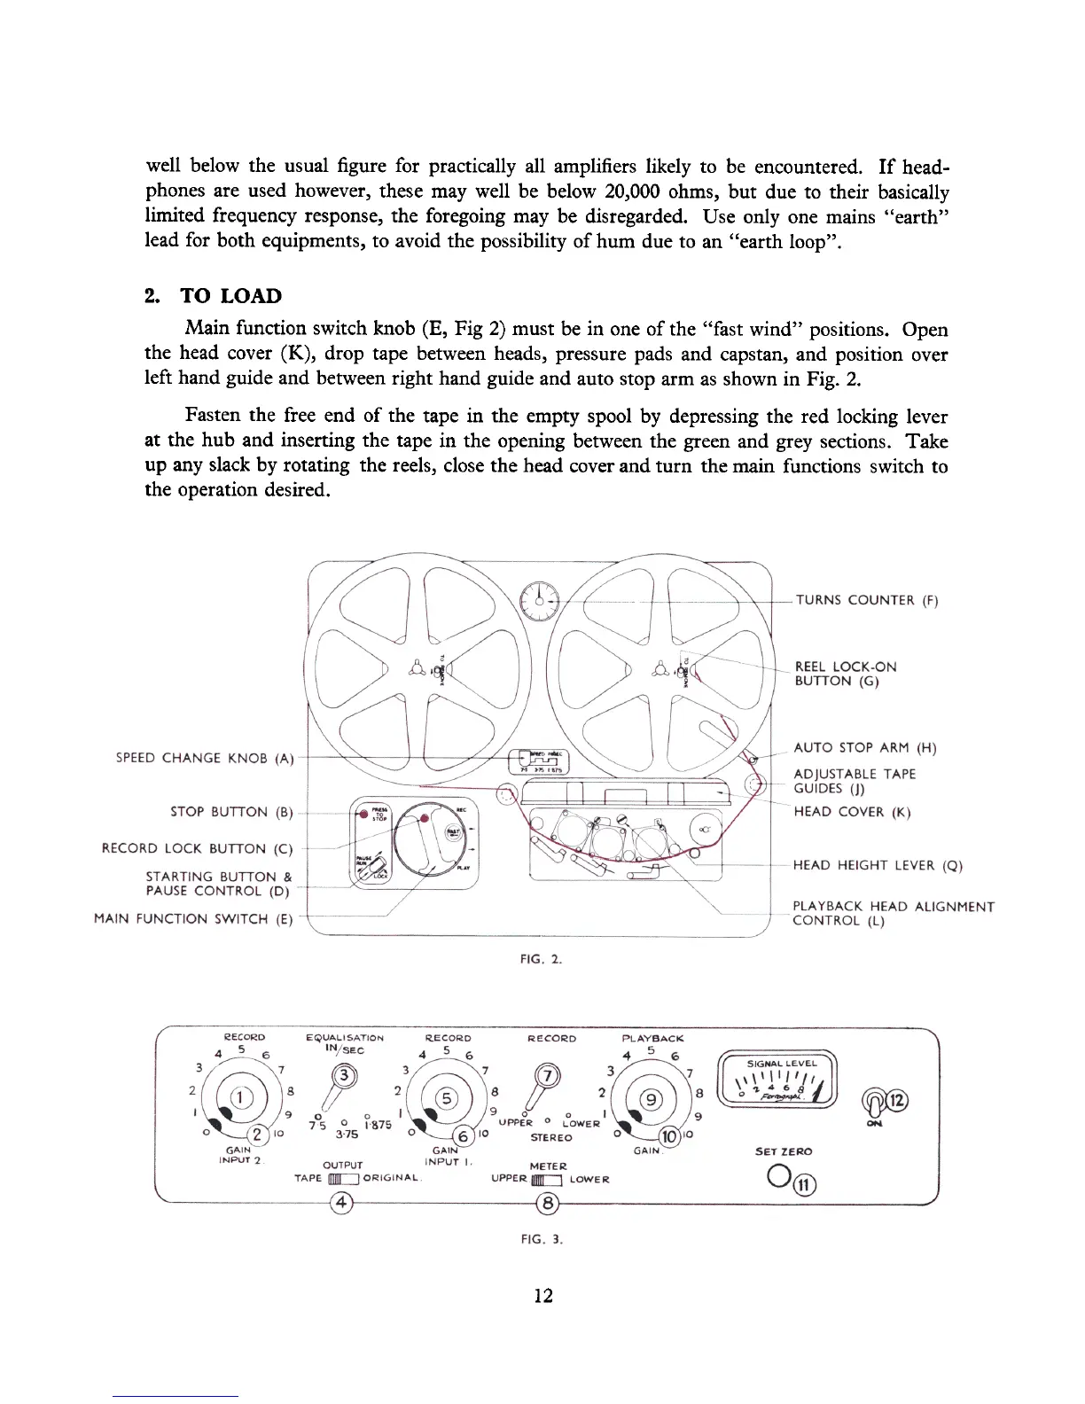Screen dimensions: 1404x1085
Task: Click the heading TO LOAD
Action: pos(230,296)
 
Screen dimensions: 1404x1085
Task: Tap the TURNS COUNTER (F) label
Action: pos(866,600)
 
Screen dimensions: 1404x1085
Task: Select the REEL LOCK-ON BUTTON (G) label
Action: pos(845,674)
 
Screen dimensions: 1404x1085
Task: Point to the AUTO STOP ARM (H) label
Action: pos(864,748)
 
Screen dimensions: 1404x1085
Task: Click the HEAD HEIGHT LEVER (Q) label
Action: pos(877,865)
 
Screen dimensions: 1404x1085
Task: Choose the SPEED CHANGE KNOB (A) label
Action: pos(205,758)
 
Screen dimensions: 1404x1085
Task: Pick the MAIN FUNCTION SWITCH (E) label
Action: pos(193,919)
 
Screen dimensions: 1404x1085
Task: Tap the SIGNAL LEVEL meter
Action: pos(781,1080)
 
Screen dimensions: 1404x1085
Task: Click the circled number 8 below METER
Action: pos(549,1203)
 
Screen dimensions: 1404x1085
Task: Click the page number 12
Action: pos(543,1296)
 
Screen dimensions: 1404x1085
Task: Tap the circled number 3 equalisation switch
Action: pos(344,1078)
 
